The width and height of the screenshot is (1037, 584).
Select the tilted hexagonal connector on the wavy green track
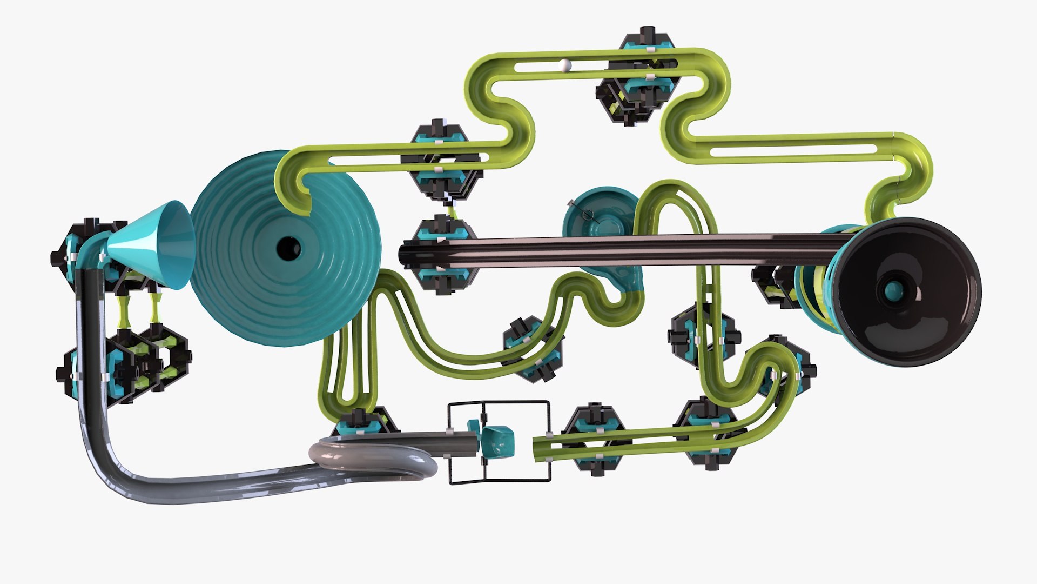pyautogui.click(x=532, y=349)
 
